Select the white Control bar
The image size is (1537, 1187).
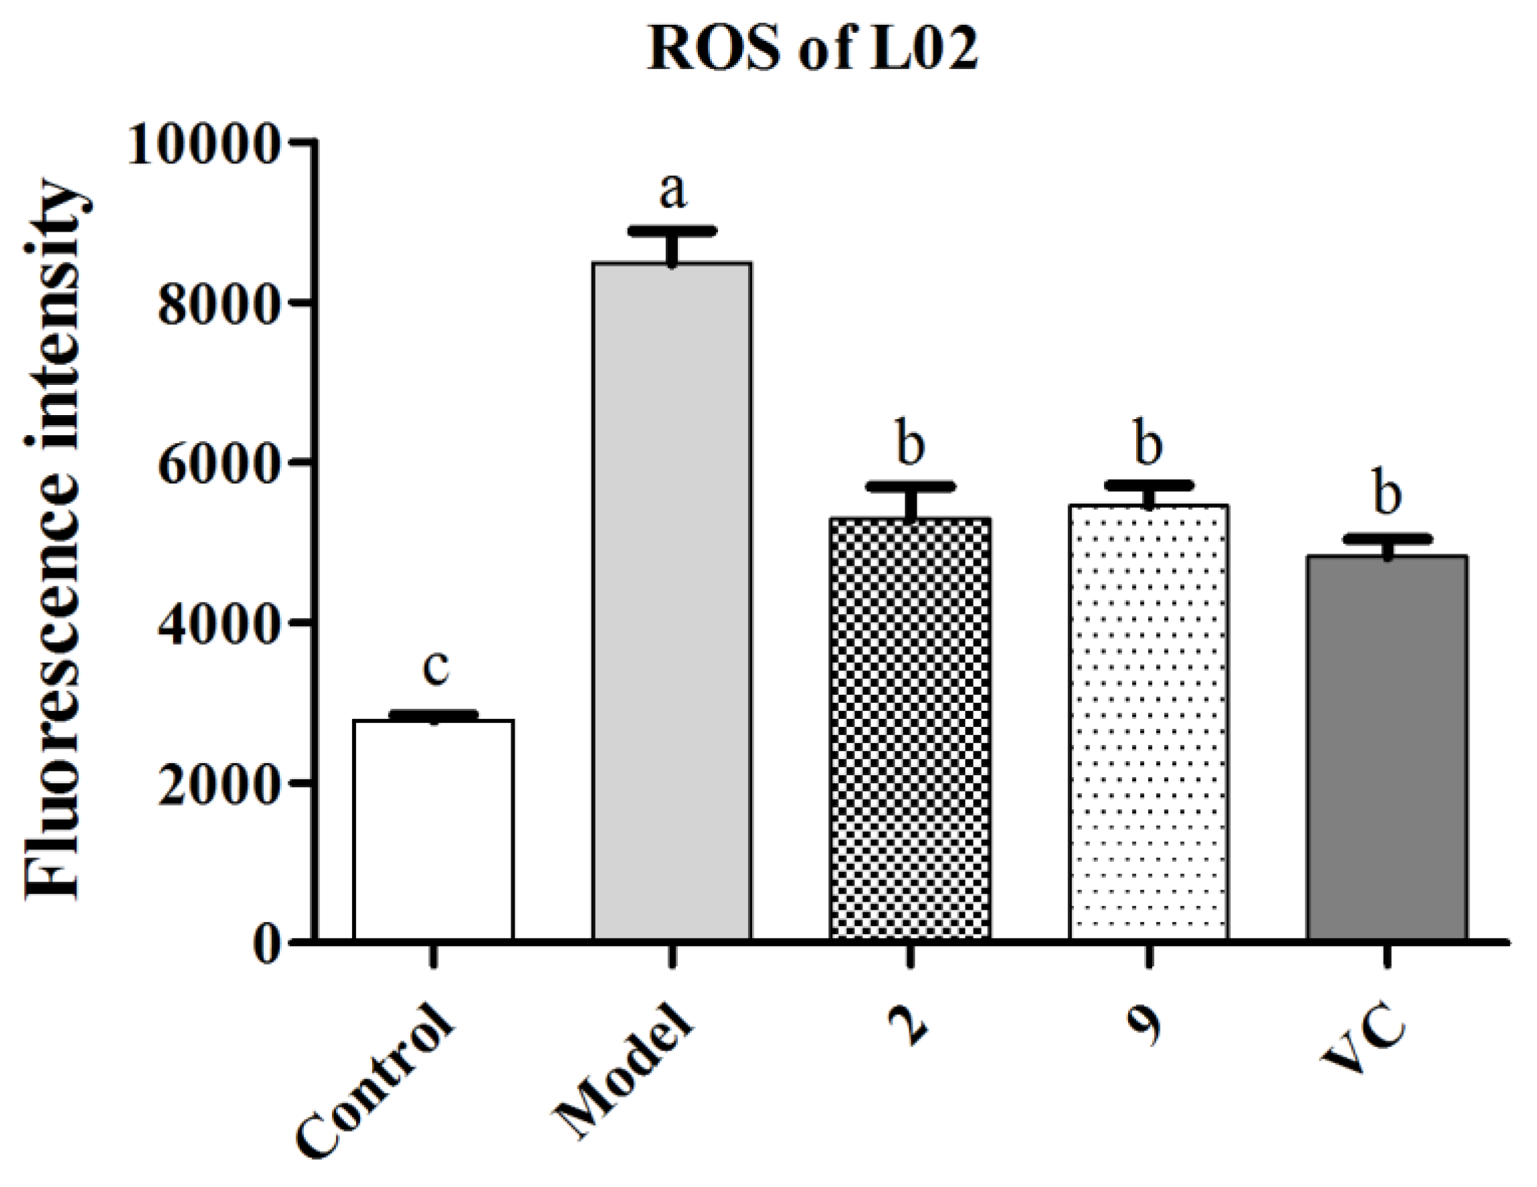[x=433, y=831]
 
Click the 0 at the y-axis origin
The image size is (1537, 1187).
[x=266, y=943]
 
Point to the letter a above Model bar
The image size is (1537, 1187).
[x=672, y=191]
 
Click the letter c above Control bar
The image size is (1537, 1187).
[x=436, y=667]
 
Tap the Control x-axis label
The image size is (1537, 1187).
[x=373, y=1088]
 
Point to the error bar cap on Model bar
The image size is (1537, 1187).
[x=672, y=231]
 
